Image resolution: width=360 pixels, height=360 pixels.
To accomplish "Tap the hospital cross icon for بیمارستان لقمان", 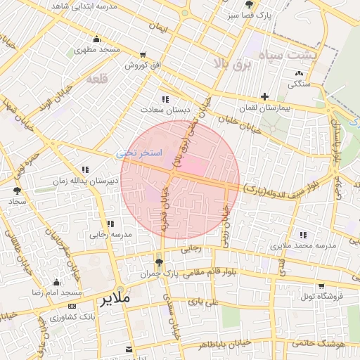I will coord(264,96).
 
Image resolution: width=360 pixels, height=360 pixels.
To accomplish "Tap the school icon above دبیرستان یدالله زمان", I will coord(85,169).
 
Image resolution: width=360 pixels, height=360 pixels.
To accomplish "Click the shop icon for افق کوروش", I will coord(143,55).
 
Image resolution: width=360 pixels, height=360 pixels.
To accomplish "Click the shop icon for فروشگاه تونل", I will coord(321,286).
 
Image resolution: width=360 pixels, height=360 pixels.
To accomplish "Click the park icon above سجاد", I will coord(17,190).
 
